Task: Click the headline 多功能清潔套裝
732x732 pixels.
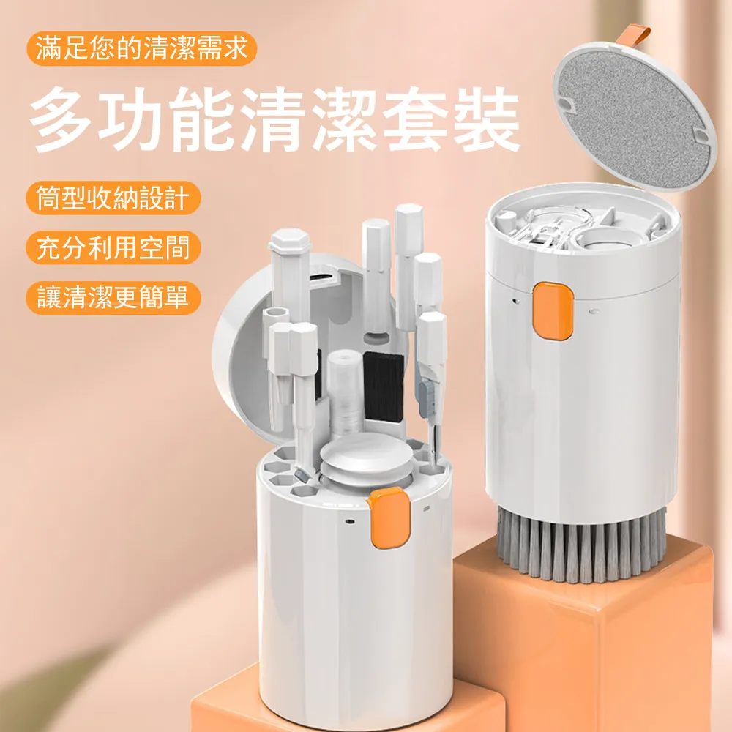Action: coord(275,119)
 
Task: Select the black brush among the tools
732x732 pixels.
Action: coord(383,386)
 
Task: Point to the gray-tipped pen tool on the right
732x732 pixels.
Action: coord(430,366)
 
